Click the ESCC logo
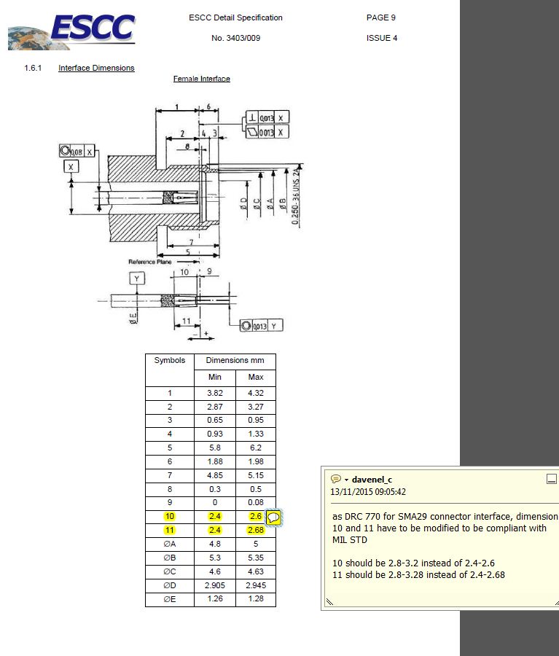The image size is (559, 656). click(x=73, y=29)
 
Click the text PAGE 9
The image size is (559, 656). click(x=380, y=17)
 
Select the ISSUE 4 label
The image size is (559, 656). click(x=381, y=38)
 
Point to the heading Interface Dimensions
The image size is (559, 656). click(x=96, y=68)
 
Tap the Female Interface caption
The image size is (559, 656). click(x=201, y=79)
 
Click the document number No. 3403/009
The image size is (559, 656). click(x=235, y=38)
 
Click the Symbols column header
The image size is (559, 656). click(x=169, y=361)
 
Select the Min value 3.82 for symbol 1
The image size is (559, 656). click(x=215, y=393)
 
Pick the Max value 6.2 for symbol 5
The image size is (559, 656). click(x=255, y=448)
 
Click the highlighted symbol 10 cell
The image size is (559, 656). click(x=169, y=516)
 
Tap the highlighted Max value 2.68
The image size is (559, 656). click(x=255, y=530)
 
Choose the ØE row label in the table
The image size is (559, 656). click(x=169, y=599)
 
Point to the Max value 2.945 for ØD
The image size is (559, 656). click(x=255, y=585)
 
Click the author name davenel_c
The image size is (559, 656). click(x=372, y=479)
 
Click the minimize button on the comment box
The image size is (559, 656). click(x=551, y=479)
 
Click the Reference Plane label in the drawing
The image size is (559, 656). click(x=149, y=261)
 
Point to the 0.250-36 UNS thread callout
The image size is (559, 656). click(x=296, y=197)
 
